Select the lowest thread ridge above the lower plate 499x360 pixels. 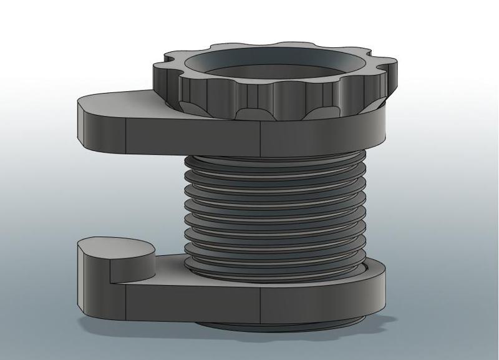274,262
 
